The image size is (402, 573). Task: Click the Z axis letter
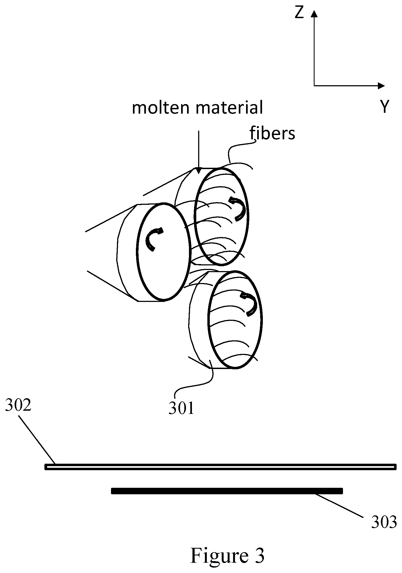(299, 13)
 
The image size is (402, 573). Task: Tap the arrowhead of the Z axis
(314, 14)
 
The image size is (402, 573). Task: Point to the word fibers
(272, 133)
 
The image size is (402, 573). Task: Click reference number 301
(181, 408)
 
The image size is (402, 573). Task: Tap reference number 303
(384, 522)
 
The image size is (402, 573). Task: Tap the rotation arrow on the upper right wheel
(238, 209)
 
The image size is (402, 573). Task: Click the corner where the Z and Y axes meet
(314, 86)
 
